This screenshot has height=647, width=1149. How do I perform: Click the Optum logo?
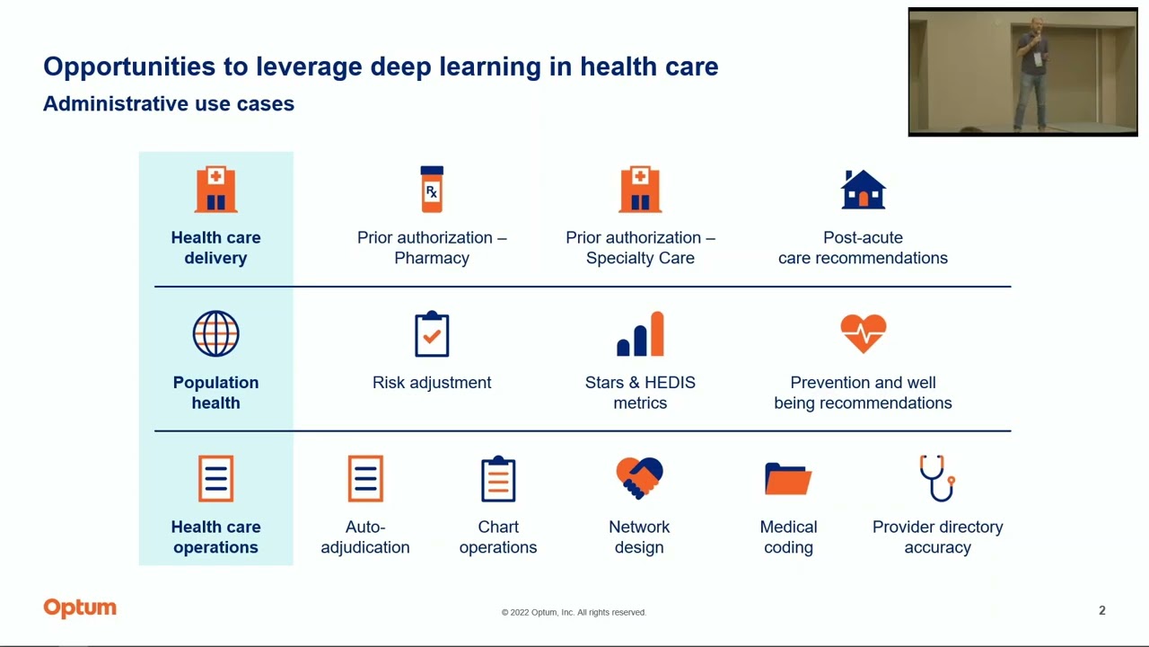coord(80,608)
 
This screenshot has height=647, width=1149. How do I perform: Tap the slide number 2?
coord(1101,611)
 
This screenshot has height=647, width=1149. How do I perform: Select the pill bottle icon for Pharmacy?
coord(432,189)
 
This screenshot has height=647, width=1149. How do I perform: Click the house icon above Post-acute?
coord(863,189)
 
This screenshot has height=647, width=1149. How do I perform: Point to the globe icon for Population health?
coord(215,334)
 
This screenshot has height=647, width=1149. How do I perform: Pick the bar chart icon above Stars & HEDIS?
coord(640,334)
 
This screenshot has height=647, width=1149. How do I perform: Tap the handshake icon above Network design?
coord(639,478)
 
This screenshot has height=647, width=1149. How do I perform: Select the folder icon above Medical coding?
coord(788,478)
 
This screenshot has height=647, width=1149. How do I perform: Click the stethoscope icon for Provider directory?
coord(937,478)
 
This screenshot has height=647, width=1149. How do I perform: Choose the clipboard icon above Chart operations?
coord(498,478)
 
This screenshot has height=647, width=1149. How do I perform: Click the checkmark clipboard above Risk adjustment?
coord(432,334)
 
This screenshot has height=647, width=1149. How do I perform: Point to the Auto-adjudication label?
coord(365,536)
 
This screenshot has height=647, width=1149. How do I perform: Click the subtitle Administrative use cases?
coord(169,104)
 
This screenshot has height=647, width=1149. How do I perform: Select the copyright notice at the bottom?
coord(574,612)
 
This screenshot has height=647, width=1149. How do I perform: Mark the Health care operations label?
coord(215,536)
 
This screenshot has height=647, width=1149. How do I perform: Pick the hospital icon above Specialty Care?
coord(640,189)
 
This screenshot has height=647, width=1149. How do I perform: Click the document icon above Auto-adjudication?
coord(365,478)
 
